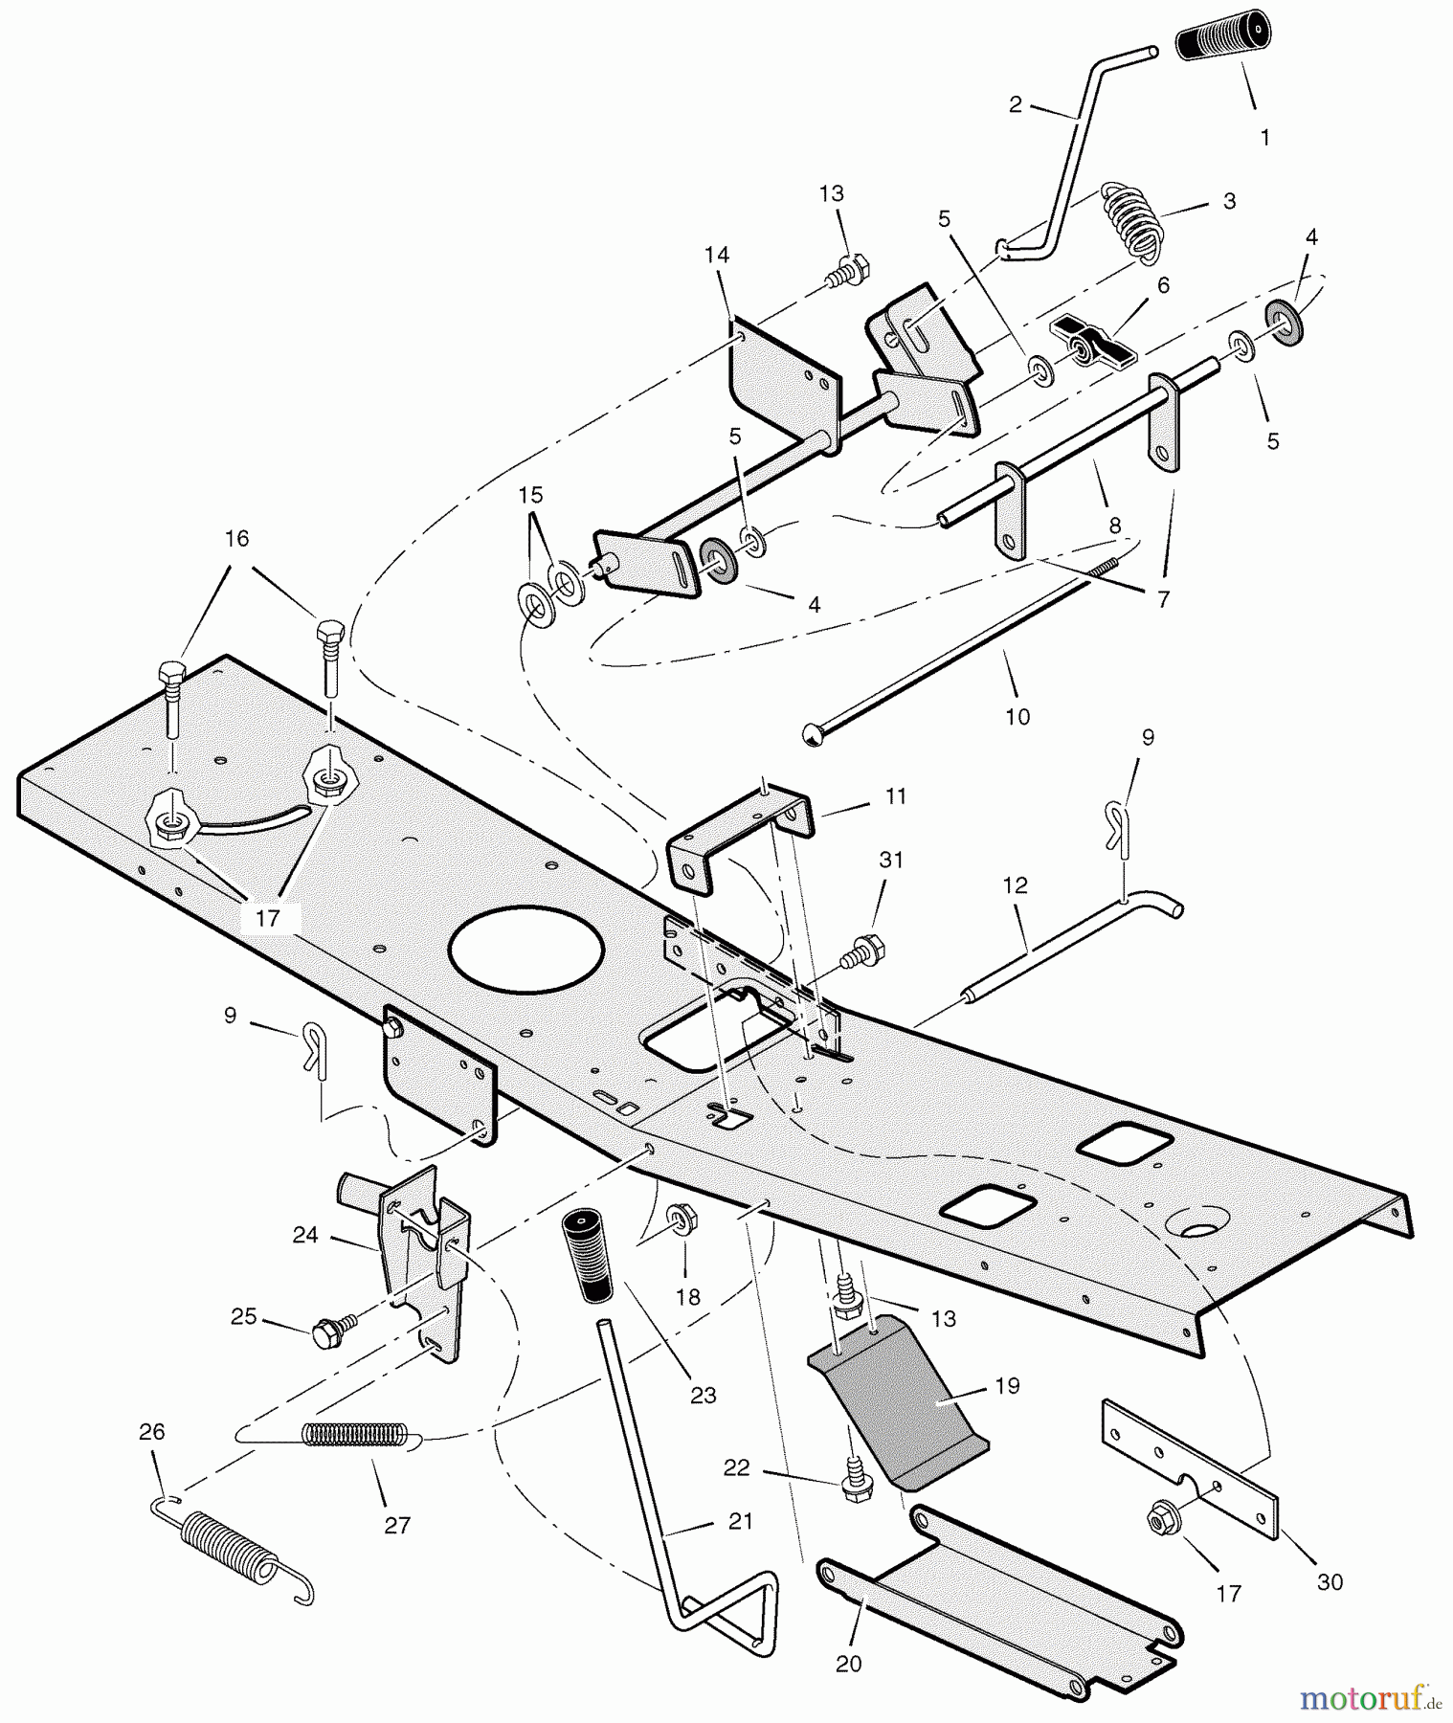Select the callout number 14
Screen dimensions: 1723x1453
pos(716,255)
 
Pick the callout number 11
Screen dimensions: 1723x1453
pos(895,796)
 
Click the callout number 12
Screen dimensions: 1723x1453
pos(1016,885)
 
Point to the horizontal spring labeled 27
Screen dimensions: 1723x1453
pos(354,1434)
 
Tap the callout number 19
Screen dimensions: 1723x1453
pos(1007,1385)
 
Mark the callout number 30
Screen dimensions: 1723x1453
pos(1330,1582)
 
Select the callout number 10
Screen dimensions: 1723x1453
pos(1017,716)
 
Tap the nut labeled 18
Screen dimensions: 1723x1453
pos(683,1220)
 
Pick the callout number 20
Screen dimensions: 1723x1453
pos(848,1664)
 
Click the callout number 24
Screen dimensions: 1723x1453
pos(304,1236)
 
